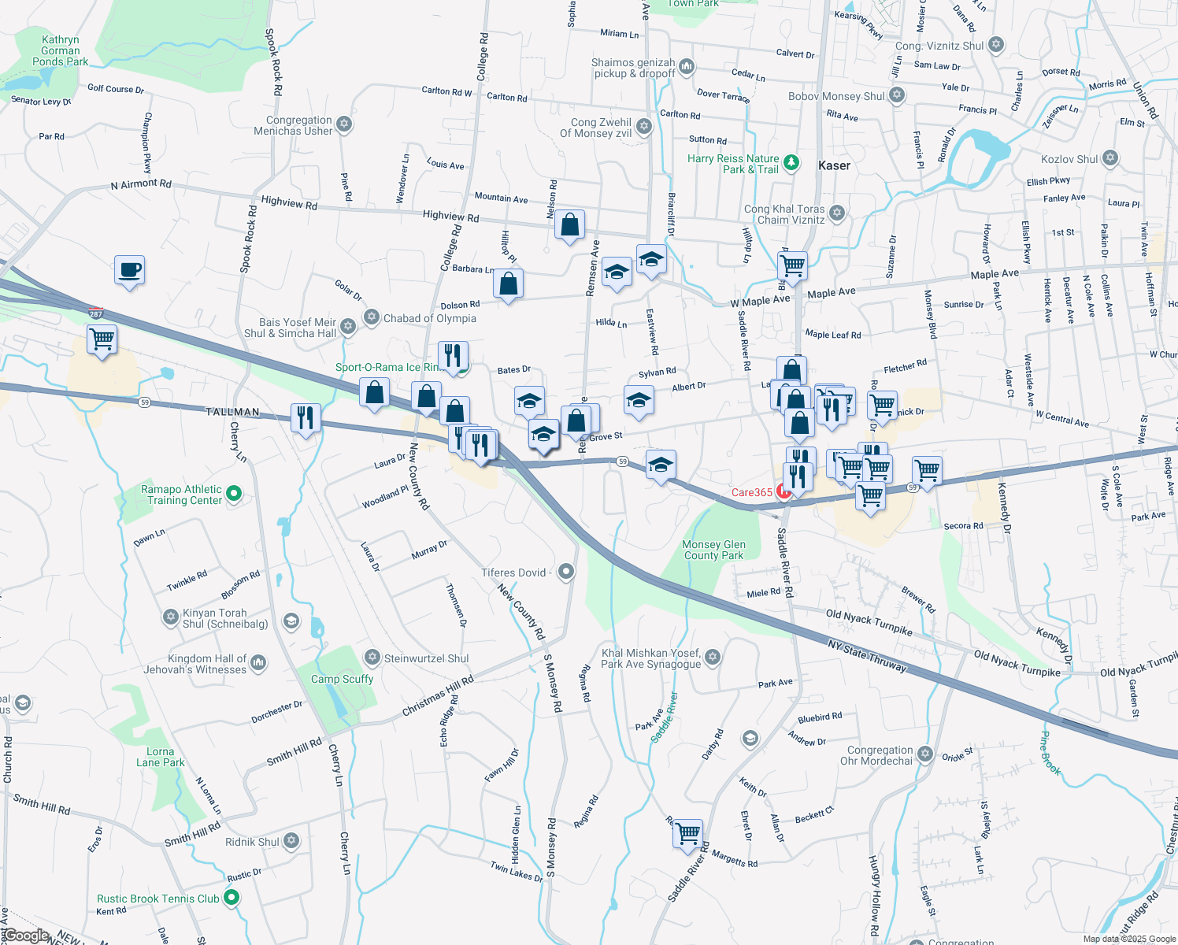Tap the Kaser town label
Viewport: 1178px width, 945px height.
pyautogui.click(x=834, y=165)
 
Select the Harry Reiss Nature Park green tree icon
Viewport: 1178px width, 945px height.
pyautogui.click(x=791, y=163)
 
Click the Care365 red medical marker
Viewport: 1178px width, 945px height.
pyautogui.click(x=783, y=491)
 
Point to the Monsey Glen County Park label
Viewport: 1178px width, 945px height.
pyautogui.click(x=713, y=550)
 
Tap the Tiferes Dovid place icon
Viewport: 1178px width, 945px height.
pyautogui.click(x=565, y=573)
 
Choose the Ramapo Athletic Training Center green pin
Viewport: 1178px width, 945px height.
pyautogui.click(x=234, y=494)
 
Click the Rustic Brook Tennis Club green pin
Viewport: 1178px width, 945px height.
pyautogui.click(x=232, y=898)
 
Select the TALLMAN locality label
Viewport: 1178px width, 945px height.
pyautogui.click(x=232, y=412)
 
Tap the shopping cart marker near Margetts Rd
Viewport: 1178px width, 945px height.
pyautogui.click(x=687, y=832)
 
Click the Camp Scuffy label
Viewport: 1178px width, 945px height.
pyautogui.click(x=342, y=679)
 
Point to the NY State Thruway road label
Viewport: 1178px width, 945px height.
pyautogui.click(x=867, y=656)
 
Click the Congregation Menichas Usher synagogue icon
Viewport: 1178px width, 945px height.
pyautogui.click(x=344, y=124)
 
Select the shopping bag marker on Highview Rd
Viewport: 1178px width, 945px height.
pyautogui.click(x=569, y=225)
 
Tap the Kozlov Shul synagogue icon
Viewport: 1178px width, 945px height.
pyautogui.click(x=1109, y=158)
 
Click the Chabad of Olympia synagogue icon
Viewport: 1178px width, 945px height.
pyautogui.click(x=372, y=317)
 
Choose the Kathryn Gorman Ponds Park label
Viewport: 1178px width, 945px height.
pyautogui.click(x=61, y=50)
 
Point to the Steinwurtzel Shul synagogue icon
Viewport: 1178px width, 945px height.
pyautogui.click(x=372, y=658)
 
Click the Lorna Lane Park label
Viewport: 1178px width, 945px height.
pyautogui.click(x=160, y=757)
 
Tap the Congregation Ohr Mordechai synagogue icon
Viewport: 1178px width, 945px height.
pyautogui.click(x=925, y=754)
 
